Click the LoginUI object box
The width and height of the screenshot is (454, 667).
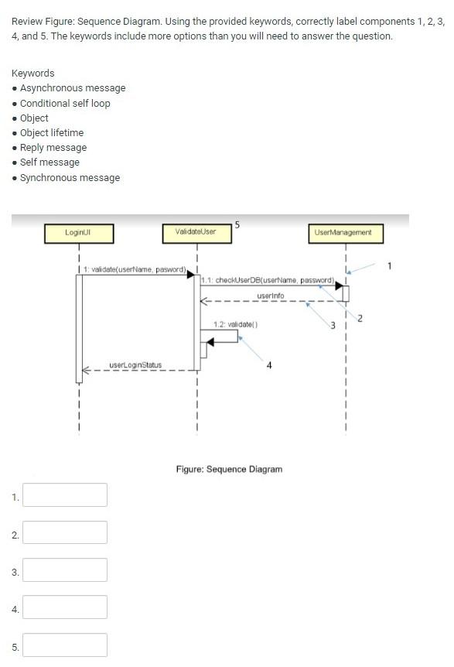point(79,233)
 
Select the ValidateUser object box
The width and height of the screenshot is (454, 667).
point(196,233)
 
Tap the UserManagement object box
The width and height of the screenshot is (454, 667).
point(343,233)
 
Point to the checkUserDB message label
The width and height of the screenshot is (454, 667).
point(267,279)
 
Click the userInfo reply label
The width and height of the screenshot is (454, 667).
point(271,296)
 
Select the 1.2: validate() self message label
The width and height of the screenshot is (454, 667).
point(235,325)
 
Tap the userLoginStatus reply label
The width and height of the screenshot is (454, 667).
point(135,364)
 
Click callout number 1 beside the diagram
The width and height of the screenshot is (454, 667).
point(390,266)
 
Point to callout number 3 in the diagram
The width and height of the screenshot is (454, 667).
point(333,326)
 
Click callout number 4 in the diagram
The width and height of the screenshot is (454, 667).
point(268,366)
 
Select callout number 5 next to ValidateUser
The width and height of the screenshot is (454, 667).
point(237,225)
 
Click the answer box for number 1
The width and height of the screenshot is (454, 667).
point(65,495)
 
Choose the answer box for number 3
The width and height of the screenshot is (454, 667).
point(65,570)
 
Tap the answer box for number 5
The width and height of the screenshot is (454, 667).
point(65,645)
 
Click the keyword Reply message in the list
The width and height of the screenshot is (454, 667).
point(53,148)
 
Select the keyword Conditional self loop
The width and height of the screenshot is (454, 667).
point(65,103)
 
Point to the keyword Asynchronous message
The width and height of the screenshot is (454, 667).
point(73,88)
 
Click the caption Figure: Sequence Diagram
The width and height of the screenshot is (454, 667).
point(229,469)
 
